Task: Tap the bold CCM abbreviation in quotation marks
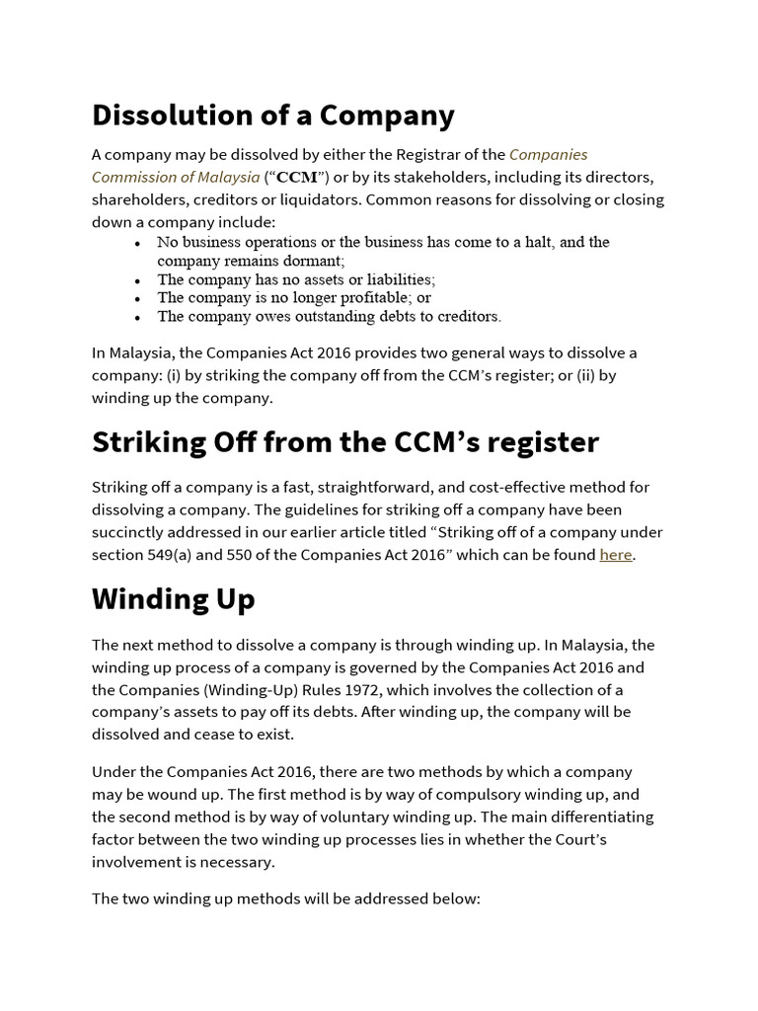point(297,178)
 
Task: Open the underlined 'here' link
point(615,555)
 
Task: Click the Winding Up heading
point(174,599)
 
